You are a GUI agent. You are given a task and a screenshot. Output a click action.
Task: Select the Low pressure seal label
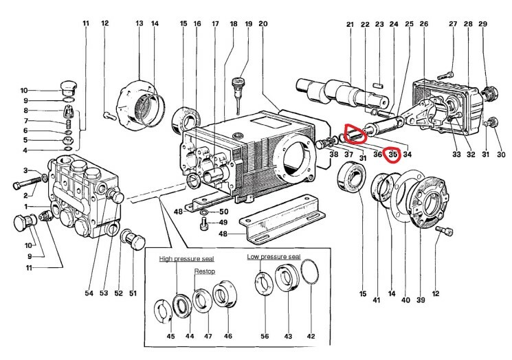click(274, 257)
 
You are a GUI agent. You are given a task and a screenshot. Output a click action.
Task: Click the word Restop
click(205, 271)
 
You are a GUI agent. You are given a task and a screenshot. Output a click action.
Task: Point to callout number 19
click(248, 25)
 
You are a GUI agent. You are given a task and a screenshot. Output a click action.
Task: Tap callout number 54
click(89, 293)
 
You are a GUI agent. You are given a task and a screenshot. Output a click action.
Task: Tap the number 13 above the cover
click(140, 25)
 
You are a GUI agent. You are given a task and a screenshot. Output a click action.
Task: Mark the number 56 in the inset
click(265, 337)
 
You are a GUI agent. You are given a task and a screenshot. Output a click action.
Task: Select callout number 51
click(133, 293)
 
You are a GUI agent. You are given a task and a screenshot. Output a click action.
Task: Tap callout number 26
click(423, 25)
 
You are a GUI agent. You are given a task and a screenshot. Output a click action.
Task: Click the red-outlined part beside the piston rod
click(356, 133)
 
